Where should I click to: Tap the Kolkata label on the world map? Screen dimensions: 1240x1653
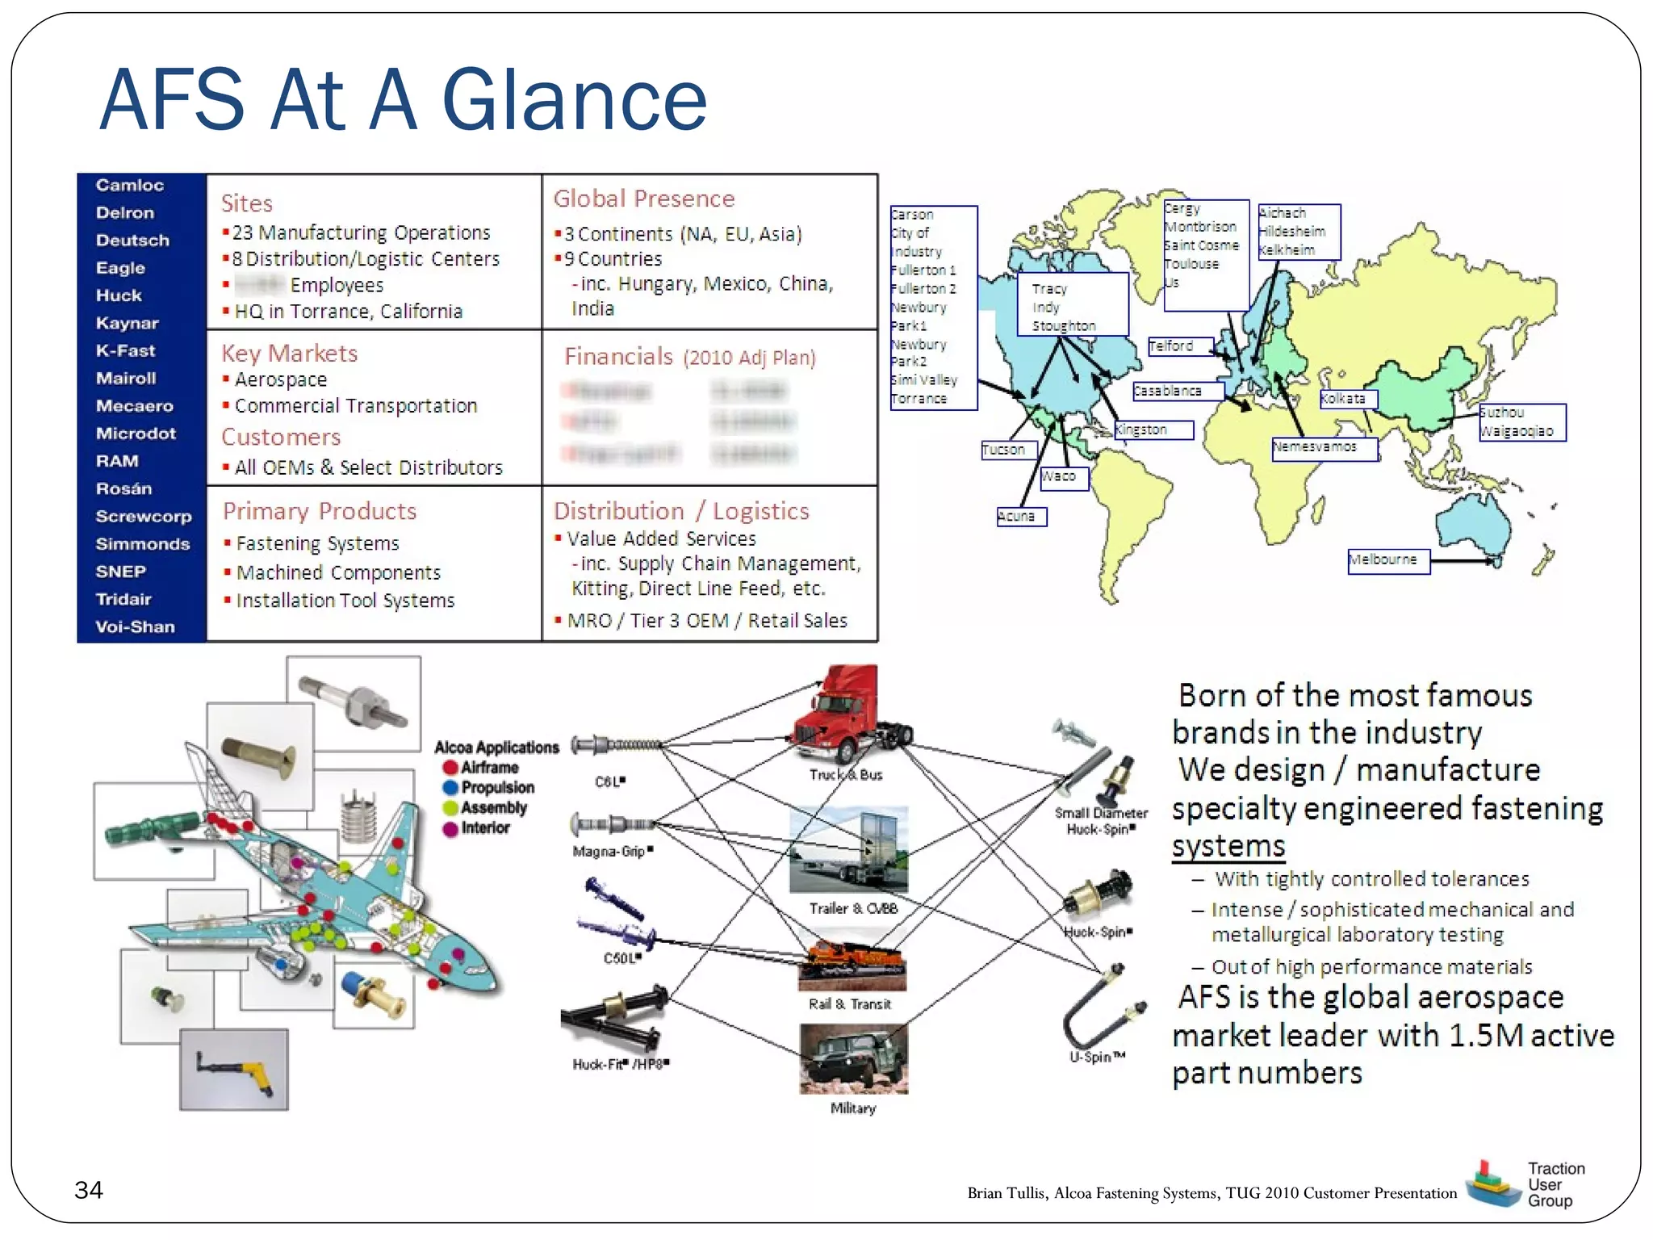(1347, 399)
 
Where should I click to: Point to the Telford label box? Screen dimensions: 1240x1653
(1180, 346)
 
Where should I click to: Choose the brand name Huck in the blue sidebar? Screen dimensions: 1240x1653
(119, 295)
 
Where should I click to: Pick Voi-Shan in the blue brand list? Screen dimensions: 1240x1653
(135, 626)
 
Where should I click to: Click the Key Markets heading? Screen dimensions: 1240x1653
(289, 353)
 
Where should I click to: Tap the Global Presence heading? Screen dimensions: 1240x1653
(643, 199)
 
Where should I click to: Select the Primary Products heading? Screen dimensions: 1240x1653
(320, 511)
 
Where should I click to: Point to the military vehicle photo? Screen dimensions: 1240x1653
(853, 1058)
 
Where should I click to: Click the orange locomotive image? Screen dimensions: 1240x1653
(852, 965)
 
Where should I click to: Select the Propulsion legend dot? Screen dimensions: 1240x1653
(450, 788)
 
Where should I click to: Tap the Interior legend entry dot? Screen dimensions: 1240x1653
(450, 828)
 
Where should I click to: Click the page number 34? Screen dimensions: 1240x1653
(89, 1190)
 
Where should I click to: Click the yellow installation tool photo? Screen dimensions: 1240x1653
(234, 1069)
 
